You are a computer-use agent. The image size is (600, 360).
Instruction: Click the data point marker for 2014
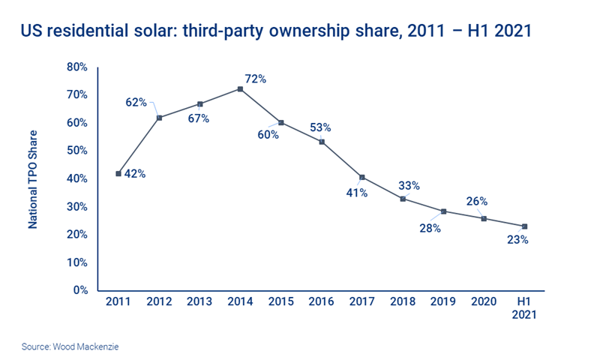[240, 89]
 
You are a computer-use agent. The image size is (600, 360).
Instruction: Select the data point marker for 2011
[118, 173]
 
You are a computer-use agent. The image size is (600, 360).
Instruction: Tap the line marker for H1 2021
[524, 226]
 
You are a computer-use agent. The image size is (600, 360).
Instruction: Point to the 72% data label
[256, 79]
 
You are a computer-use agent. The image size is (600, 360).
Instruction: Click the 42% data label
[135, 174]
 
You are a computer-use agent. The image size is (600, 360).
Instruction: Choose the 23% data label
[517, 241]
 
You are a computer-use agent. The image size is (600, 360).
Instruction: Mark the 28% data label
[430, 227]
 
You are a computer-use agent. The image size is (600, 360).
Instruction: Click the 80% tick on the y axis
[77, 67]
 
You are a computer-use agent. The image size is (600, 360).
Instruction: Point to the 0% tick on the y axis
[80, 290]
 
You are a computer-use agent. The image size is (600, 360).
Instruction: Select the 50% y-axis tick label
[77, 151]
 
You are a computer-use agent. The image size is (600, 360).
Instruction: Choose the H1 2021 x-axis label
[524, 310]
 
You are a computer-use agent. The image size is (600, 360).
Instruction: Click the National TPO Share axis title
[34, 180]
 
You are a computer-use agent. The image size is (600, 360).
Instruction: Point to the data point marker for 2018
[403, 199]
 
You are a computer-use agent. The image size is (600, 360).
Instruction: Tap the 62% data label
[136, 103]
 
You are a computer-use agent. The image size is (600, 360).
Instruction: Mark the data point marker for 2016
[322, 142]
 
